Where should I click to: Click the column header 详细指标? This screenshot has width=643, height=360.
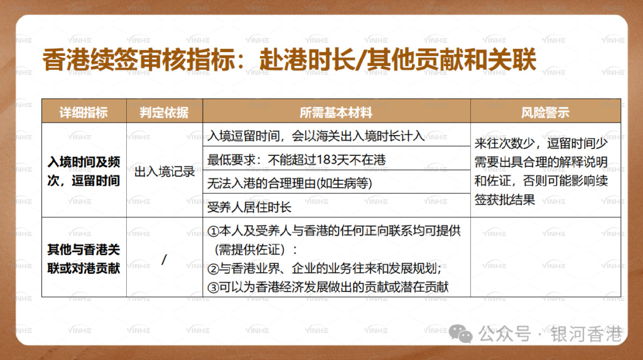coord(84,113)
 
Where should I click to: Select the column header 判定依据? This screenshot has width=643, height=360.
coord(165,113)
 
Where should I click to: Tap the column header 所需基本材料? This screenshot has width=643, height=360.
coord(336,113)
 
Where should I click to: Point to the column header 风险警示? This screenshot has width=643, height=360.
coord(545,113)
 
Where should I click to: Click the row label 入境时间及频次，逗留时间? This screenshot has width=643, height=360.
coord(84,170)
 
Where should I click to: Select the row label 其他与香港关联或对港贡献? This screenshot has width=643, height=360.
coord(84,258)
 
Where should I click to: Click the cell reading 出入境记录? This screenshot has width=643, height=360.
coord(165,171)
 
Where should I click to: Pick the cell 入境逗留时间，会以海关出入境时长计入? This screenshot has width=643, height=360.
coord(316,136)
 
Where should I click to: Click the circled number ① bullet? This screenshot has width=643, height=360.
coord(212,231)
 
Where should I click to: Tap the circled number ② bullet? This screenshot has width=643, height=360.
coord(212,269)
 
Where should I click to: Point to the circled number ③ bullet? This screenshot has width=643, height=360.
coord(212,287)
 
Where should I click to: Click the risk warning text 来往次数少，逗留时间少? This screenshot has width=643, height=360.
coord(541,143)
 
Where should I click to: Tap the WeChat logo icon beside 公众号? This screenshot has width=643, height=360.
coord(465,334)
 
